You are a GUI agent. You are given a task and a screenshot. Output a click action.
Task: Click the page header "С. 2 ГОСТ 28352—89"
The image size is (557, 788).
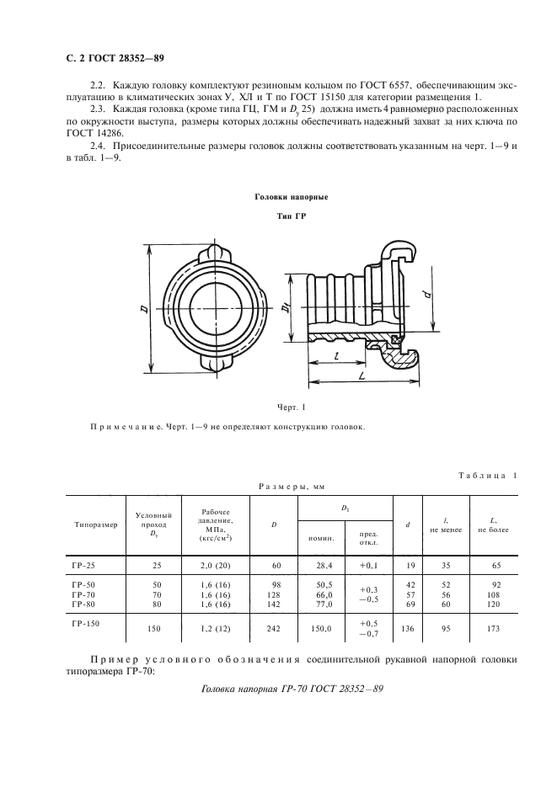[x=114, y=59]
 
